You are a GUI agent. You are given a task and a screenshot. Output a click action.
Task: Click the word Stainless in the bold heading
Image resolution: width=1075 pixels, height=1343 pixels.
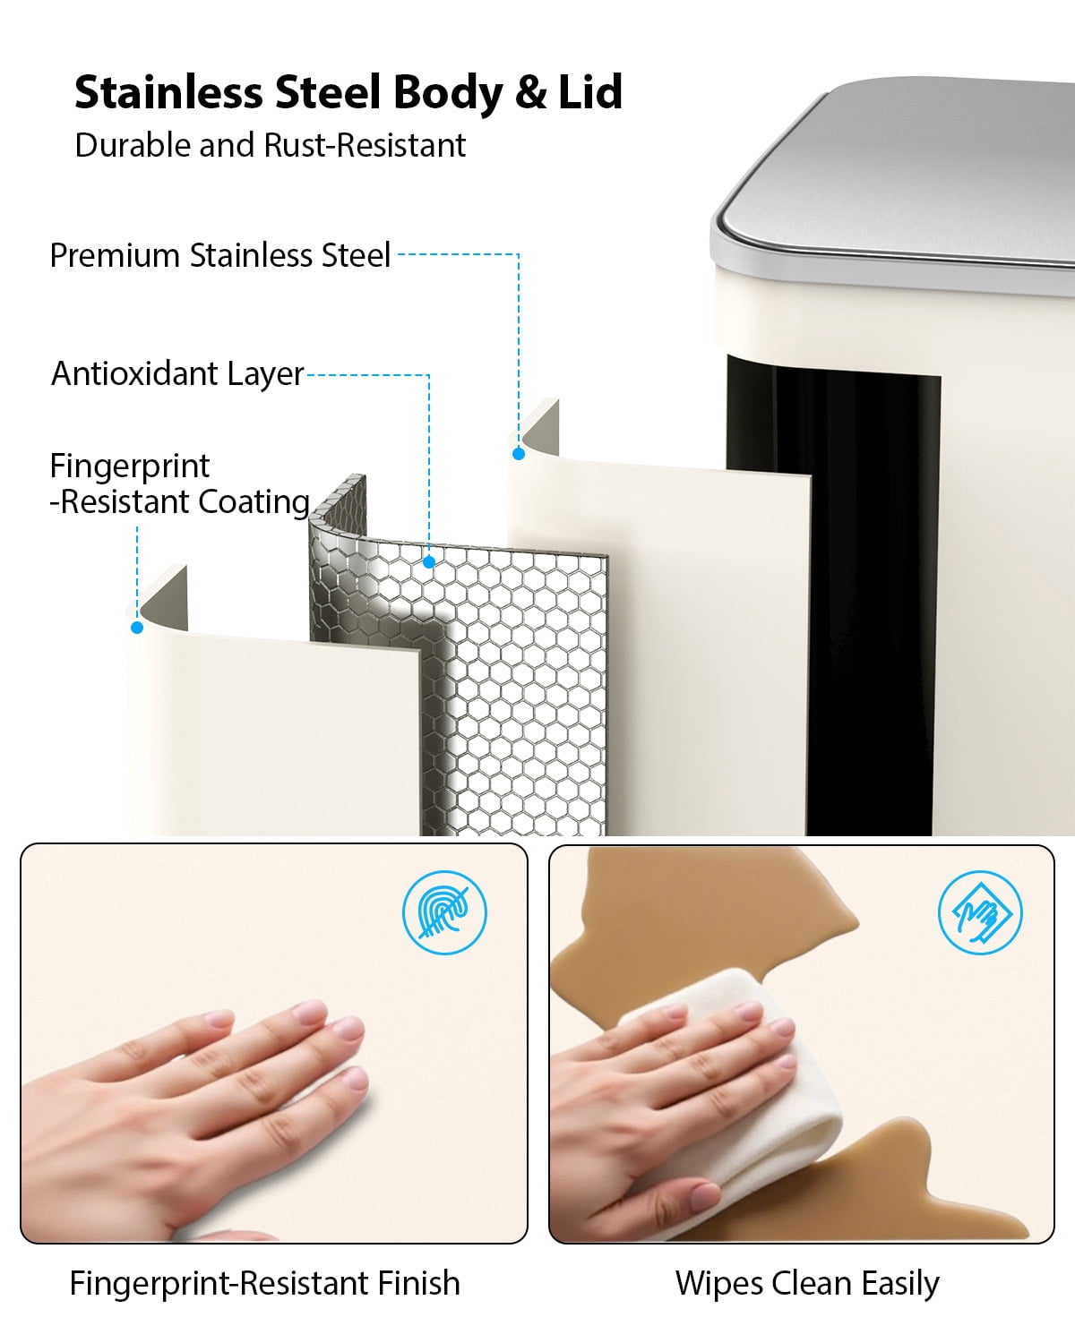168,92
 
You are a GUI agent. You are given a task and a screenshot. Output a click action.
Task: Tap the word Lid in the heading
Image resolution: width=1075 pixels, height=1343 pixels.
590,92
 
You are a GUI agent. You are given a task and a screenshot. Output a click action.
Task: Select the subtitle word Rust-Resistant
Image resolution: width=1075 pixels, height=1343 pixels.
365,146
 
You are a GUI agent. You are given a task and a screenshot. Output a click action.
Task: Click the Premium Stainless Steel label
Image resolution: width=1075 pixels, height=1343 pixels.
219,255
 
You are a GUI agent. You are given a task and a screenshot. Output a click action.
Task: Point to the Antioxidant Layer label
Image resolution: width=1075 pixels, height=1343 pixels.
177,374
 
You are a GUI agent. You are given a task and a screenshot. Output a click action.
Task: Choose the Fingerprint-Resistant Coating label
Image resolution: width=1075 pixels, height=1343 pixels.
180,484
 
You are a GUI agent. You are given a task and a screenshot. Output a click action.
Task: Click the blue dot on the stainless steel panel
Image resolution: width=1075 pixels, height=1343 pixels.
519,454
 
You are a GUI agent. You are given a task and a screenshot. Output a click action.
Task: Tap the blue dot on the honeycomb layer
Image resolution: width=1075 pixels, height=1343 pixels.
429,562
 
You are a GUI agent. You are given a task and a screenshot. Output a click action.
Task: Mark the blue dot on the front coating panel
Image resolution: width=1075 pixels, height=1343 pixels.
137,628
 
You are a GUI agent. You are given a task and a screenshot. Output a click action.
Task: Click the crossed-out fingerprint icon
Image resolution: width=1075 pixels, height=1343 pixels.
444,912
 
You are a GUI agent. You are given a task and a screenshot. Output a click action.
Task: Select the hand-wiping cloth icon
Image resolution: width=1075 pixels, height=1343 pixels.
980,912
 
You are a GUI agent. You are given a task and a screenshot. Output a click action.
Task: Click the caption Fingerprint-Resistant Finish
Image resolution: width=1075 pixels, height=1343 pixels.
265,1284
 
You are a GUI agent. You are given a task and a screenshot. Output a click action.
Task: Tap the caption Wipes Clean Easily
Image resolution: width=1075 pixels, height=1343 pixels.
807,1284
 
